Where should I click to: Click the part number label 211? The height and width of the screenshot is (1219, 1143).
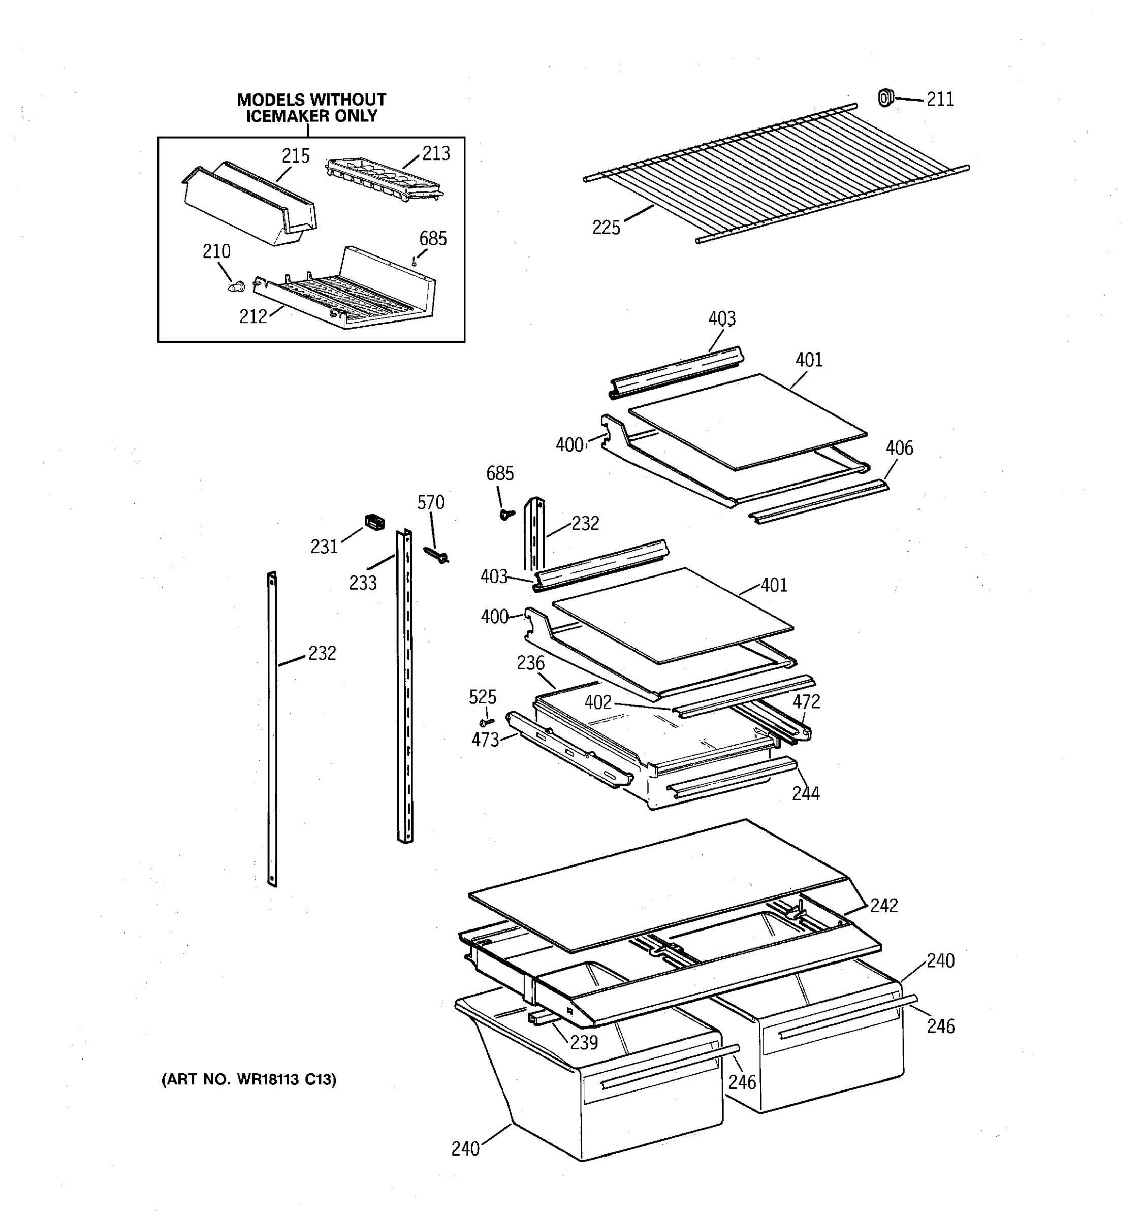(939, 100)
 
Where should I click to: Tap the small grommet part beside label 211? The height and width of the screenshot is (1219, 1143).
(885, 98)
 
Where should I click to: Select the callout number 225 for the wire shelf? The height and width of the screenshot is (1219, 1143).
(606, 228)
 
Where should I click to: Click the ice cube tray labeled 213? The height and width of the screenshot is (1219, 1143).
(385, 177)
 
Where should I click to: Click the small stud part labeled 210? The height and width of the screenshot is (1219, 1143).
(234, 286)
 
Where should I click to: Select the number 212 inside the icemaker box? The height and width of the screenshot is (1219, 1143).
(252, 316)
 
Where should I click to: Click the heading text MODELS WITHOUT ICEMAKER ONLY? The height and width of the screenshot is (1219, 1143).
(311, 107)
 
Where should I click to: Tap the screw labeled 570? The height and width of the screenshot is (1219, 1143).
(436, 555)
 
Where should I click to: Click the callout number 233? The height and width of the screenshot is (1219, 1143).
(362, 583)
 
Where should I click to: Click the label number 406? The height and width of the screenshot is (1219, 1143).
(899, 448)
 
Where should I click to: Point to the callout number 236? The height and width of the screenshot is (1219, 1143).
(530, 663)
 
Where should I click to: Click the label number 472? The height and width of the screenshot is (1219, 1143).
(806, 701)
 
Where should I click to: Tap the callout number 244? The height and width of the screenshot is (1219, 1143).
(805, 793)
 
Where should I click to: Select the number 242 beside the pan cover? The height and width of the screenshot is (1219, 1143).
(883, 905)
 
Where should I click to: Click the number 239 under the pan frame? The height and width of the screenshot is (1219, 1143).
(583, 1042)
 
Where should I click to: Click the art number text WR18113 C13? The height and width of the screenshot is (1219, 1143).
(248, 1079)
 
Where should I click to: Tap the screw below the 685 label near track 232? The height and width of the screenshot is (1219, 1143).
(506, 514)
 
